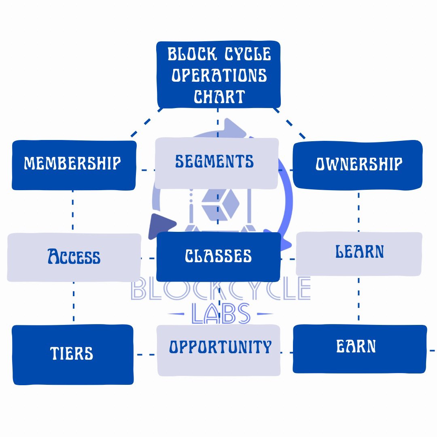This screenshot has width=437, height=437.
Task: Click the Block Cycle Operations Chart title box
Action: [x=218, y=75]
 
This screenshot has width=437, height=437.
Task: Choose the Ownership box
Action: [x=358, y=164]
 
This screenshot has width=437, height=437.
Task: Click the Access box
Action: [x=74, y=257]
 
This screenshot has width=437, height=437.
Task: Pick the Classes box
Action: [x=218, y=257]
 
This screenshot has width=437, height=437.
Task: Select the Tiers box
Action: [x=72, y=354]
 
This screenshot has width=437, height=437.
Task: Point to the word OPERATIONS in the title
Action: [x=219, y=75]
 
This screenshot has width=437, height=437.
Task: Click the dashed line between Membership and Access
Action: [x=73, y=211]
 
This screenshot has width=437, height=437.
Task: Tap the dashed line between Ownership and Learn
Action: [x=359, y=210]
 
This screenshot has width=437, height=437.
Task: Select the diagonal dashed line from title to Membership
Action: [x=146, y=123]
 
